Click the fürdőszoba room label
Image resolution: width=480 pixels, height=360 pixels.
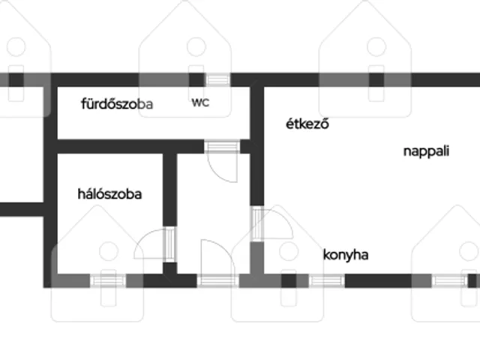pos(117,104)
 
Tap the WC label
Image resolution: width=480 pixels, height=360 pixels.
pos(200,103)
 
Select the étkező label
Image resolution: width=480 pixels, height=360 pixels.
pos(307,124)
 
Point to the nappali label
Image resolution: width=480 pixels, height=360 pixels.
pos(426,151)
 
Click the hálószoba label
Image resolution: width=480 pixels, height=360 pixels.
pos(109,194)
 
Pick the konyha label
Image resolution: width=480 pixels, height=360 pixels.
pos(346,255)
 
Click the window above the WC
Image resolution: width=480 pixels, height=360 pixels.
pos(217,80)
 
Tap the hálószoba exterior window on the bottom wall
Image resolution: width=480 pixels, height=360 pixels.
pos(108,280)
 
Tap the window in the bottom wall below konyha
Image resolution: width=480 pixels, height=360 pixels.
pos(327,280)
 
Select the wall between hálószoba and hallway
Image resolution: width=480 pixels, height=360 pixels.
pos(170,190)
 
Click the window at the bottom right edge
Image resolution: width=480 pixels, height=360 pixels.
pos(450,280)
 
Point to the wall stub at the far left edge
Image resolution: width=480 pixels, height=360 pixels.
pos(22,209)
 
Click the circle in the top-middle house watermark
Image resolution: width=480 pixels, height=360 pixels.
pos(196,46)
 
